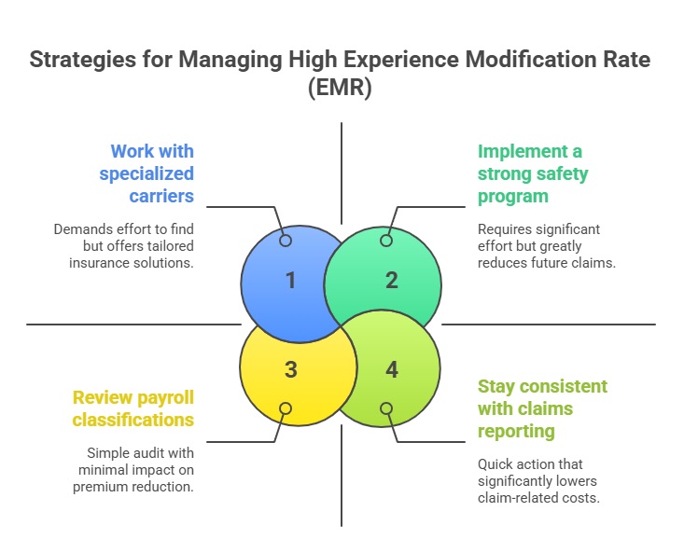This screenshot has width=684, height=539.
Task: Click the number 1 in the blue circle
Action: click(290, 280)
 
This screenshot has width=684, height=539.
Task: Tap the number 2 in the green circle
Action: click(392, 280)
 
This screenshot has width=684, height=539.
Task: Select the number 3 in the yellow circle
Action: click(290, 370)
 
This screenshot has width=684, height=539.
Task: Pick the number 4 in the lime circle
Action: click(392, 370)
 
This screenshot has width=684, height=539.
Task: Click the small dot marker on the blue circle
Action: click(286, 241)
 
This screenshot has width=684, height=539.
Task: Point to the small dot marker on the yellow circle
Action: click(286, 408)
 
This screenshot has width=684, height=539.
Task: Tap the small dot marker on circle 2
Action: click(386, 241)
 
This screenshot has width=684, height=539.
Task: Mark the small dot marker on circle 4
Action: click(386, 408)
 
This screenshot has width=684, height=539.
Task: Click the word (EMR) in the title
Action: click(342, 90)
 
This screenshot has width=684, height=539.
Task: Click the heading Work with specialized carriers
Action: click(152, 173)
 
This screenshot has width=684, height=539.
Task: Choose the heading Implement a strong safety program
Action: click(533, 173)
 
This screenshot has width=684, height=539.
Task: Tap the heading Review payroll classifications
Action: click(134, 408)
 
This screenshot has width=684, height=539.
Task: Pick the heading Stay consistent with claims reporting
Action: click(542, 408)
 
